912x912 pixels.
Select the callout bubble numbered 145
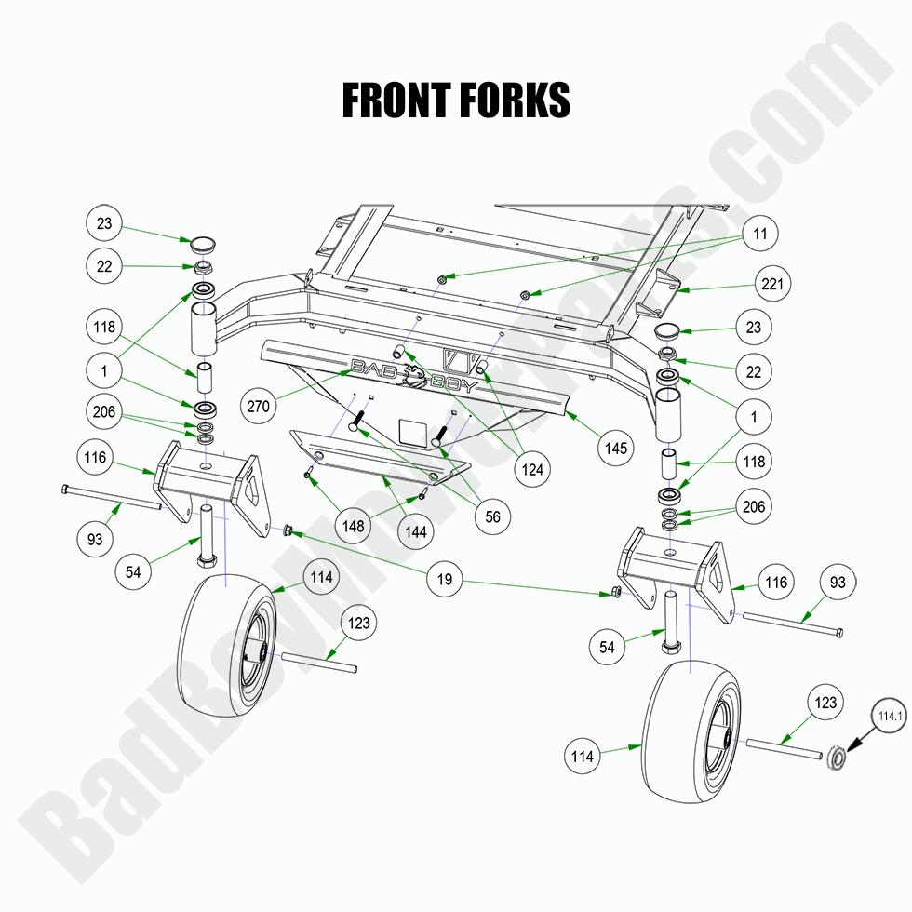(x=615, y=448)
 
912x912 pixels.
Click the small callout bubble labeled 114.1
(x=888, y=716)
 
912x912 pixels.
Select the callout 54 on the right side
(x=608, y=646)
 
